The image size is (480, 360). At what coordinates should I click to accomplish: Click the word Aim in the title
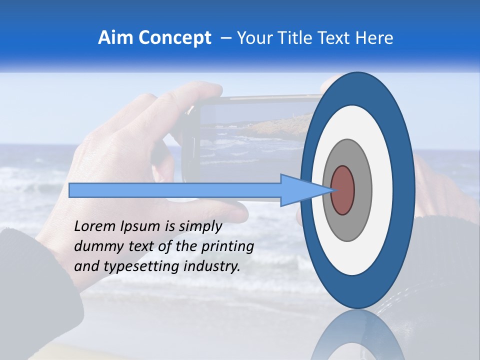click(115, 38)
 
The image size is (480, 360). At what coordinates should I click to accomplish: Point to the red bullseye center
click(342, 190)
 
